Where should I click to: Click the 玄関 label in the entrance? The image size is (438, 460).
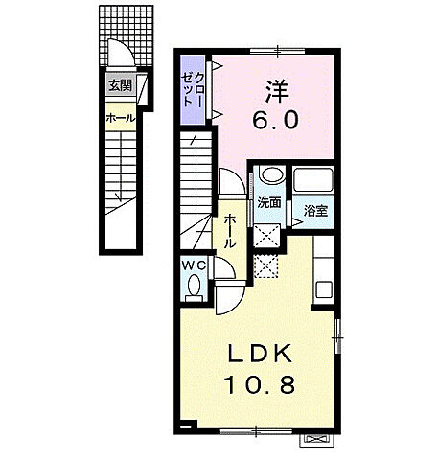pyautogui.click(x=120, y=85)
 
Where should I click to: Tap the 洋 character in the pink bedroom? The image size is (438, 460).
pyautogui.click(x=276, y=91)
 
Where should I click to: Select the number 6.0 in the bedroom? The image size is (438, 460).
pyautogui.click(x=276, y=120)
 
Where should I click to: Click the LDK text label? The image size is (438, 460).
pyautogui.click(x=259, y=354)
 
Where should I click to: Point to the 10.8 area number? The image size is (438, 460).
pyautogui.click(x=259, y=384)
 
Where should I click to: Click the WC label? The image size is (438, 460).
pyautogui.click(x=194, y=264)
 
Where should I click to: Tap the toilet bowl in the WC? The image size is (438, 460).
pyautogui.click(x=194, y=285)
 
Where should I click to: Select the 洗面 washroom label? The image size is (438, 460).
pyautogui.click(x=269, y=202)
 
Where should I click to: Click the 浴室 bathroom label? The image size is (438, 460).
pyautogui.click(x=315, y=211)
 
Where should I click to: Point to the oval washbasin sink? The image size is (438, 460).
pyautogui.click(x=272, y=174)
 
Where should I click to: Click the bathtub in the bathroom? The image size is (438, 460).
pyautogui.click(x=313, y=180)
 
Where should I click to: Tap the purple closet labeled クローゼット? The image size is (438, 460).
pyautogui.click(x=193, y=90)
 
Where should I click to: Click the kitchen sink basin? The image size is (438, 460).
pyautogui.click(x=324, y=290)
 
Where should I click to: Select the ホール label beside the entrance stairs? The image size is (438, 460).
pyautogui.click(x=121, y=119)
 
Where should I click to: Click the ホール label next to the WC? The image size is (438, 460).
pyautogui.click(x=230, y=231)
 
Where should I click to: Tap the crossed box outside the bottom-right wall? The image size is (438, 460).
pyautogui.click(x=317, y=440)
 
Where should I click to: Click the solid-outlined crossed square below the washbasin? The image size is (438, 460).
pyautogui.click(x=266, y=236)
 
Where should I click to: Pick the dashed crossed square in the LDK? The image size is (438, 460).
pyautogui.click(x=265, y=266)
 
